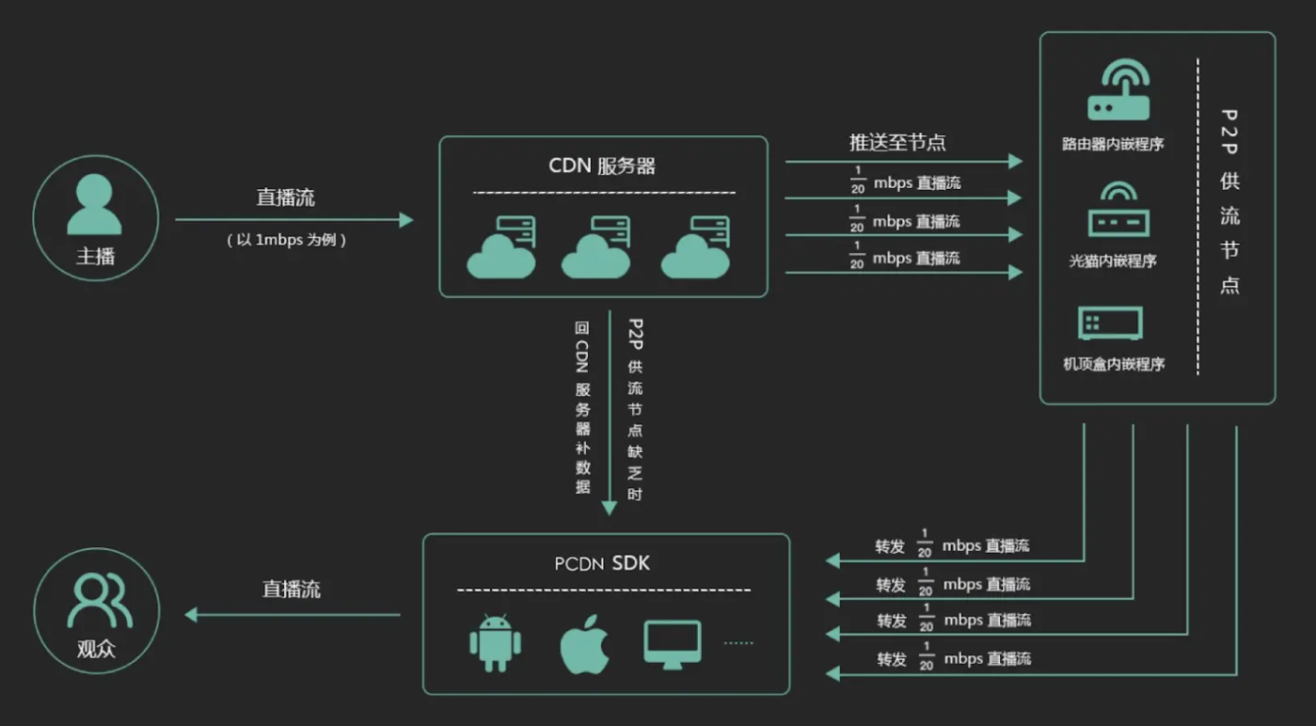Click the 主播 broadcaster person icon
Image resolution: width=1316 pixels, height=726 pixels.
[94, 205]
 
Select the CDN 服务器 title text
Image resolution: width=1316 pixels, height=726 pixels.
[602, 166]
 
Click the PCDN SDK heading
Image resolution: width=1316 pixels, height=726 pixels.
[602, 564]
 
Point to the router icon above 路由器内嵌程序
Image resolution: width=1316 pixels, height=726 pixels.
[1118, 91]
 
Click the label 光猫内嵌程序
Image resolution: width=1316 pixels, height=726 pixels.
[1113, 261]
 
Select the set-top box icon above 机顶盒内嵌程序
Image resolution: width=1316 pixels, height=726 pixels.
[1111, 324]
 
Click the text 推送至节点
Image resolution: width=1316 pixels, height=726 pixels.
[897, 143]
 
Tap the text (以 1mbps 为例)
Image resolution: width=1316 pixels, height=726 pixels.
[287, 241]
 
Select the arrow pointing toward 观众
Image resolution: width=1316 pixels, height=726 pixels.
[292, 615]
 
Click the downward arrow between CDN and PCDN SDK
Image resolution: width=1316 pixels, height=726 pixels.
[609, 414]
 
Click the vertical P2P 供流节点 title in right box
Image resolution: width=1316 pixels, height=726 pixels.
[1229, 202]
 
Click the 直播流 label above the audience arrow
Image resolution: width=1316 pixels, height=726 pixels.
[291, 590]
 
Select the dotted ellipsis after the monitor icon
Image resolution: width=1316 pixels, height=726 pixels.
[738, 643]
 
